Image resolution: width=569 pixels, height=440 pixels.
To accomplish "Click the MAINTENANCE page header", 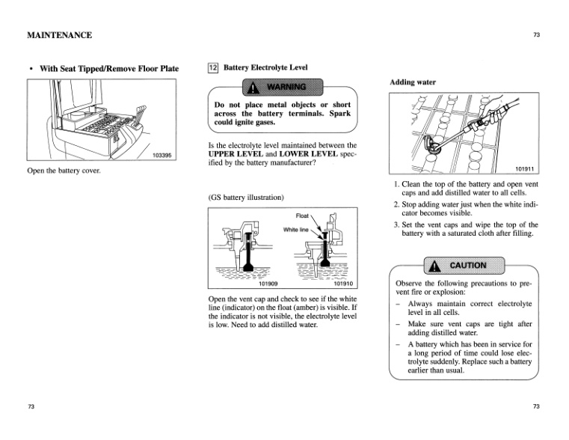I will (x=59, y=35).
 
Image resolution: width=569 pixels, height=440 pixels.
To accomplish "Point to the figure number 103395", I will (x=162, y=156).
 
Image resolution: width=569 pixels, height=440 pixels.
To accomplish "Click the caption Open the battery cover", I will (x=64, y=171).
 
